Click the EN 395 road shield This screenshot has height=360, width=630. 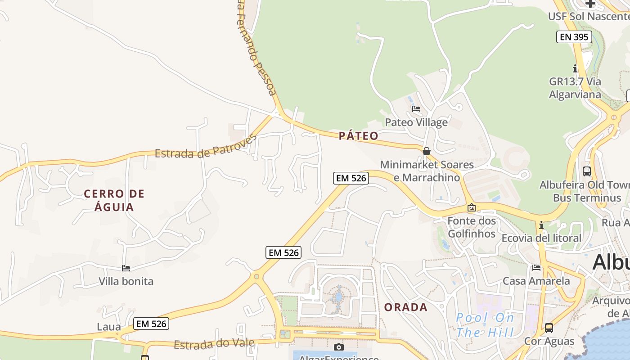[x=574, y=37]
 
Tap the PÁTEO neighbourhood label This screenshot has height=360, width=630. [x=359, y=136]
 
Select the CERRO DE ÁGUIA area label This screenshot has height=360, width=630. [x=114, y=200]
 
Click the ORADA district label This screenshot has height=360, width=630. [x=406, y=307]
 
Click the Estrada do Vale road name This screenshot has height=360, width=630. [x=214, y=344]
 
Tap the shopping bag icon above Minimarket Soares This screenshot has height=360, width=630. [x=426, y=151]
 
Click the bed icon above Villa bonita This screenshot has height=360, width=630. [x=126, y=268]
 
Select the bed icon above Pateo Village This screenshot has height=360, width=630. [x=416, y=109]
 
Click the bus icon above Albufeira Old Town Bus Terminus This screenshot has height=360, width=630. [x=587, y=171]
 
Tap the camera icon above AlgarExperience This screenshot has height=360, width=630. [x=339, y=347]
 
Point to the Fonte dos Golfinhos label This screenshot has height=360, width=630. [x=472, y=227]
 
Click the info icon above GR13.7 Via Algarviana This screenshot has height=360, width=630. [x=575, y=69]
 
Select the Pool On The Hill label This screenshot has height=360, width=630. [x=485, y=325]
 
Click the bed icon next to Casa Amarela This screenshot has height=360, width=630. [x=536, y=268]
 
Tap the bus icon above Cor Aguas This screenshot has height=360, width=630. [x=549, y=328]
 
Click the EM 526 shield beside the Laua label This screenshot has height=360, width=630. [x=151, y=324]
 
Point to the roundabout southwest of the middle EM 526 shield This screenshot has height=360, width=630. [x=256, y=276]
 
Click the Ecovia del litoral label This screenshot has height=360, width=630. [x=541, y=238]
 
